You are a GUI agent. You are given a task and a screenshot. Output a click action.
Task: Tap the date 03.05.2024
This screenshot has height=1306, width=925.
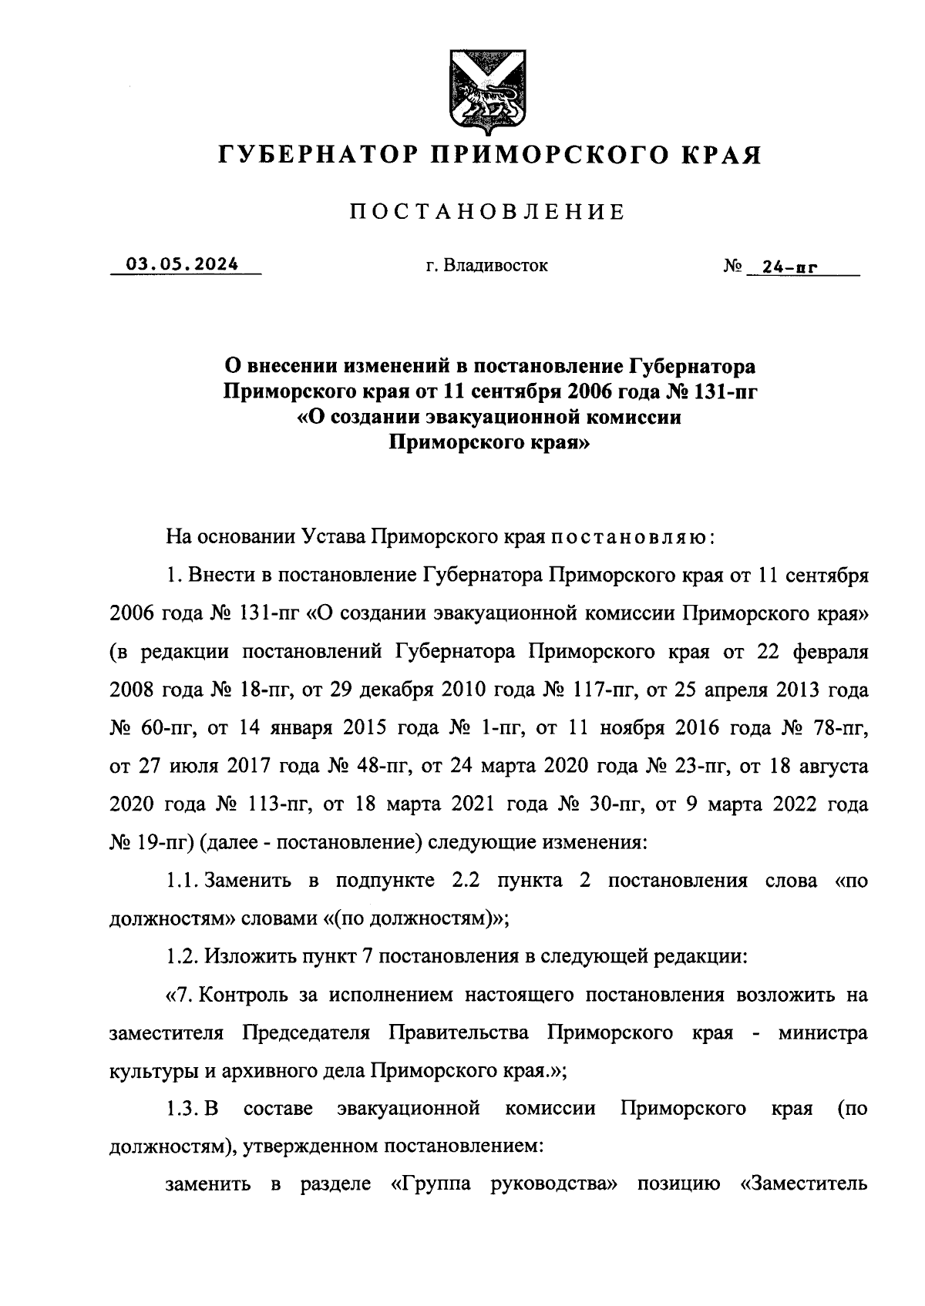coord(183,264)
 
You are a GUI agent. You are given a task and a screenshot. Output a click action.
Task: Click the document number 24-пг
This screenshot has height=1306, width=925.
coord(789,268)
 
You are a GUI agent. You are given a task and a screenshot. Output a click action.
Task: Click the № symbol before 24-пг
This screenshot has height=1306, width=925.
coord(732,267)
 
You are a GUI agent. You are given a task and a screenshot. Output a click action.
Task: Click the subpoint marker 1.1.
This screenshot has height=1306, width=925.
coord(182,881)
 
